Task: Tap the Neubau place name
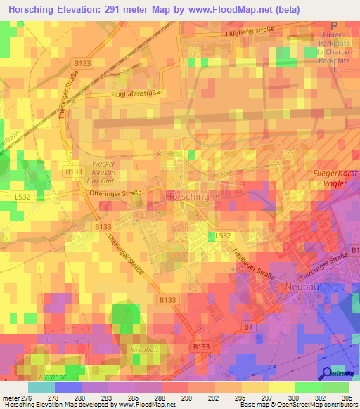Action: coord(302,287)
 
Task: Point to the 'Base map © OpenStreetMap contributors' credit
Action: coord(307,405)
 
